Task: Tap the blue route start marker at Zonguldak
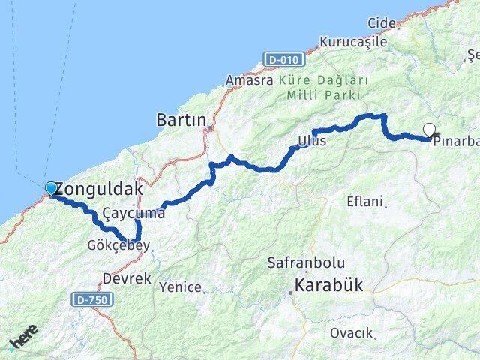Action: [x=51, y=188]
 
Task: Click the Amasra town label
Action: [x=250, y=79]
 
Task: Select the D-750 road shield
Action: [x=89, y=299]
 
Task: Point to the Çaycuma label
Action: [x=135, y=214]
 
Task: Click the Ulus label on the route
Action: [x=313, y=141]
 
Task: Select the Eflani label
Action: [x=365, y=202]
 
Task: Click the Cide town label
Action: [x=382, y=23]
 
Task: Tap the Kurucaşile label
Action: [x=353, y=42]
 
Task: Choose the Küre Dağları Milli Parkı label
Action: [x=323, y=87]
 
